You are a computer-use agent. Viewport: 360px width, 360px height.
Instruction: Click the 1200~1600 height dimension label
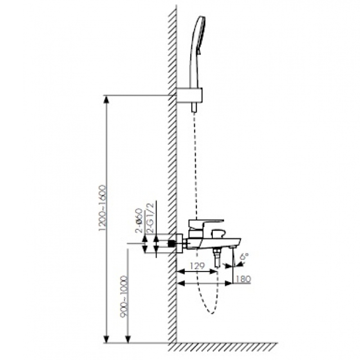coord(103,208)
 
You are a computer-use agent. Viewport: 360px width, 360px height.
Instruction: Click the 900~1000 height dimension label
coord(124,297)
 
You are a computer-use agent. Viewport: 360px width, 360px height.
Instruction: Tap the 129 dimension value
coord(198,266)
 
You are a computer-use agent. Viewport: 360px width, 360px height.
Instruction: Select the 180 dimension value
coord(243,279)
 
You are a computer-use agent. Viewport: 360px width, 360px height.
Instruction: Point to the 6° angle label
coord(244,256)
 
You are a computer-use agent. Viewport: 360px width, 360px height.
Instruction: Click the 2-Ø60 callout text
coord(139,220)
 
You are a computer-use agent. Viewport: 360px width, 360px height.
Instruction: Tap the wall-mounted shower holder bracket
coord(189,95)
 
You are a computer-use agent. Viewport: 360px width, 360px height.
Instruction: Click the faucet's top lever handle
coord(205,224)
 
